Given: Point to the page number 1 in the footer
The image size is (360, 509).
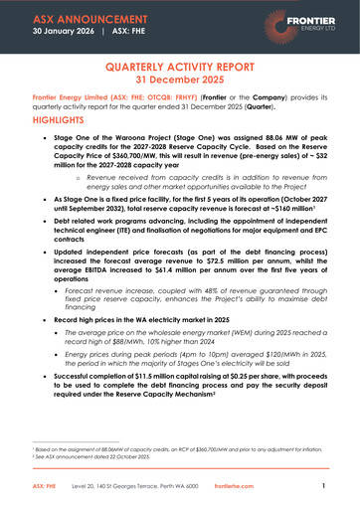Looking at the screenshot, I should (324, 487).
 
